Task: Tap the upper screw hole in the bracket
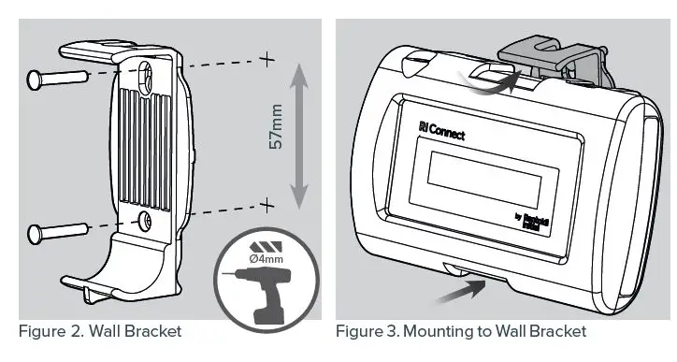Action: (148, 74)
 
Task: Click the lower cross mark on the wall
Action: (267, 204)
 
